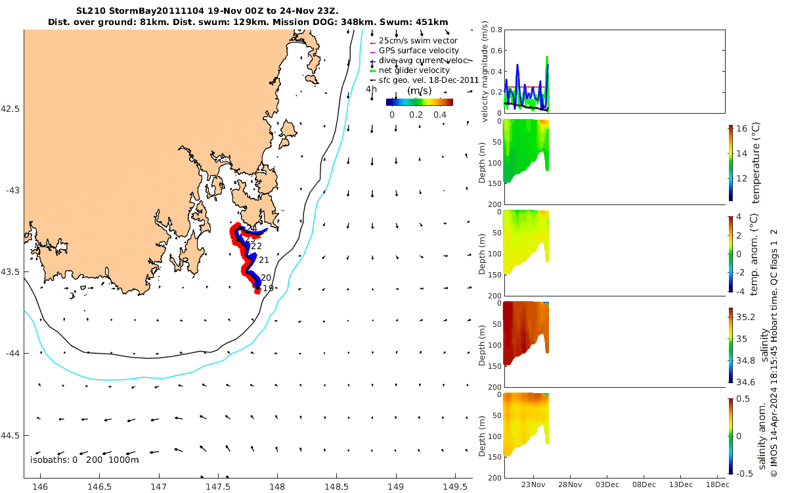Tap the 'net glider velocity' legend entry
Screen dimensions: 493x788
[x=414, y=70]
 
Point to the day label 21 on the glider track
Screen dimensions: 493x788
[x=264, y=260]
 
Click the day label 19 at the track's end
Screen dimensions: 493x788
[x=268, y=288]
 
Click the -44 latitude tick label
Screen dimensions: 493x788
[x=11, y=354]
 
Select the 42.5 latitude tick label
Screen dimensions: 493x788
[x=11, y=108]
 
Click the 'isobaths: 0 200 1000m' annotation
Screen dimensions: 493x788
[x=84, y=459]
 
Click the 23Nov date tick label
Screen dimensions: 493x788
[x=533, y=485]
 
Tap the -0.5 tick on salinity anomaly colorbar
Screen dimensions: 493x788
[x=743, y=473]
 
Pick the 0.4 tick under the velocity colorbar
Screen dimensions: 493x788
[x=440, y=114]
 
